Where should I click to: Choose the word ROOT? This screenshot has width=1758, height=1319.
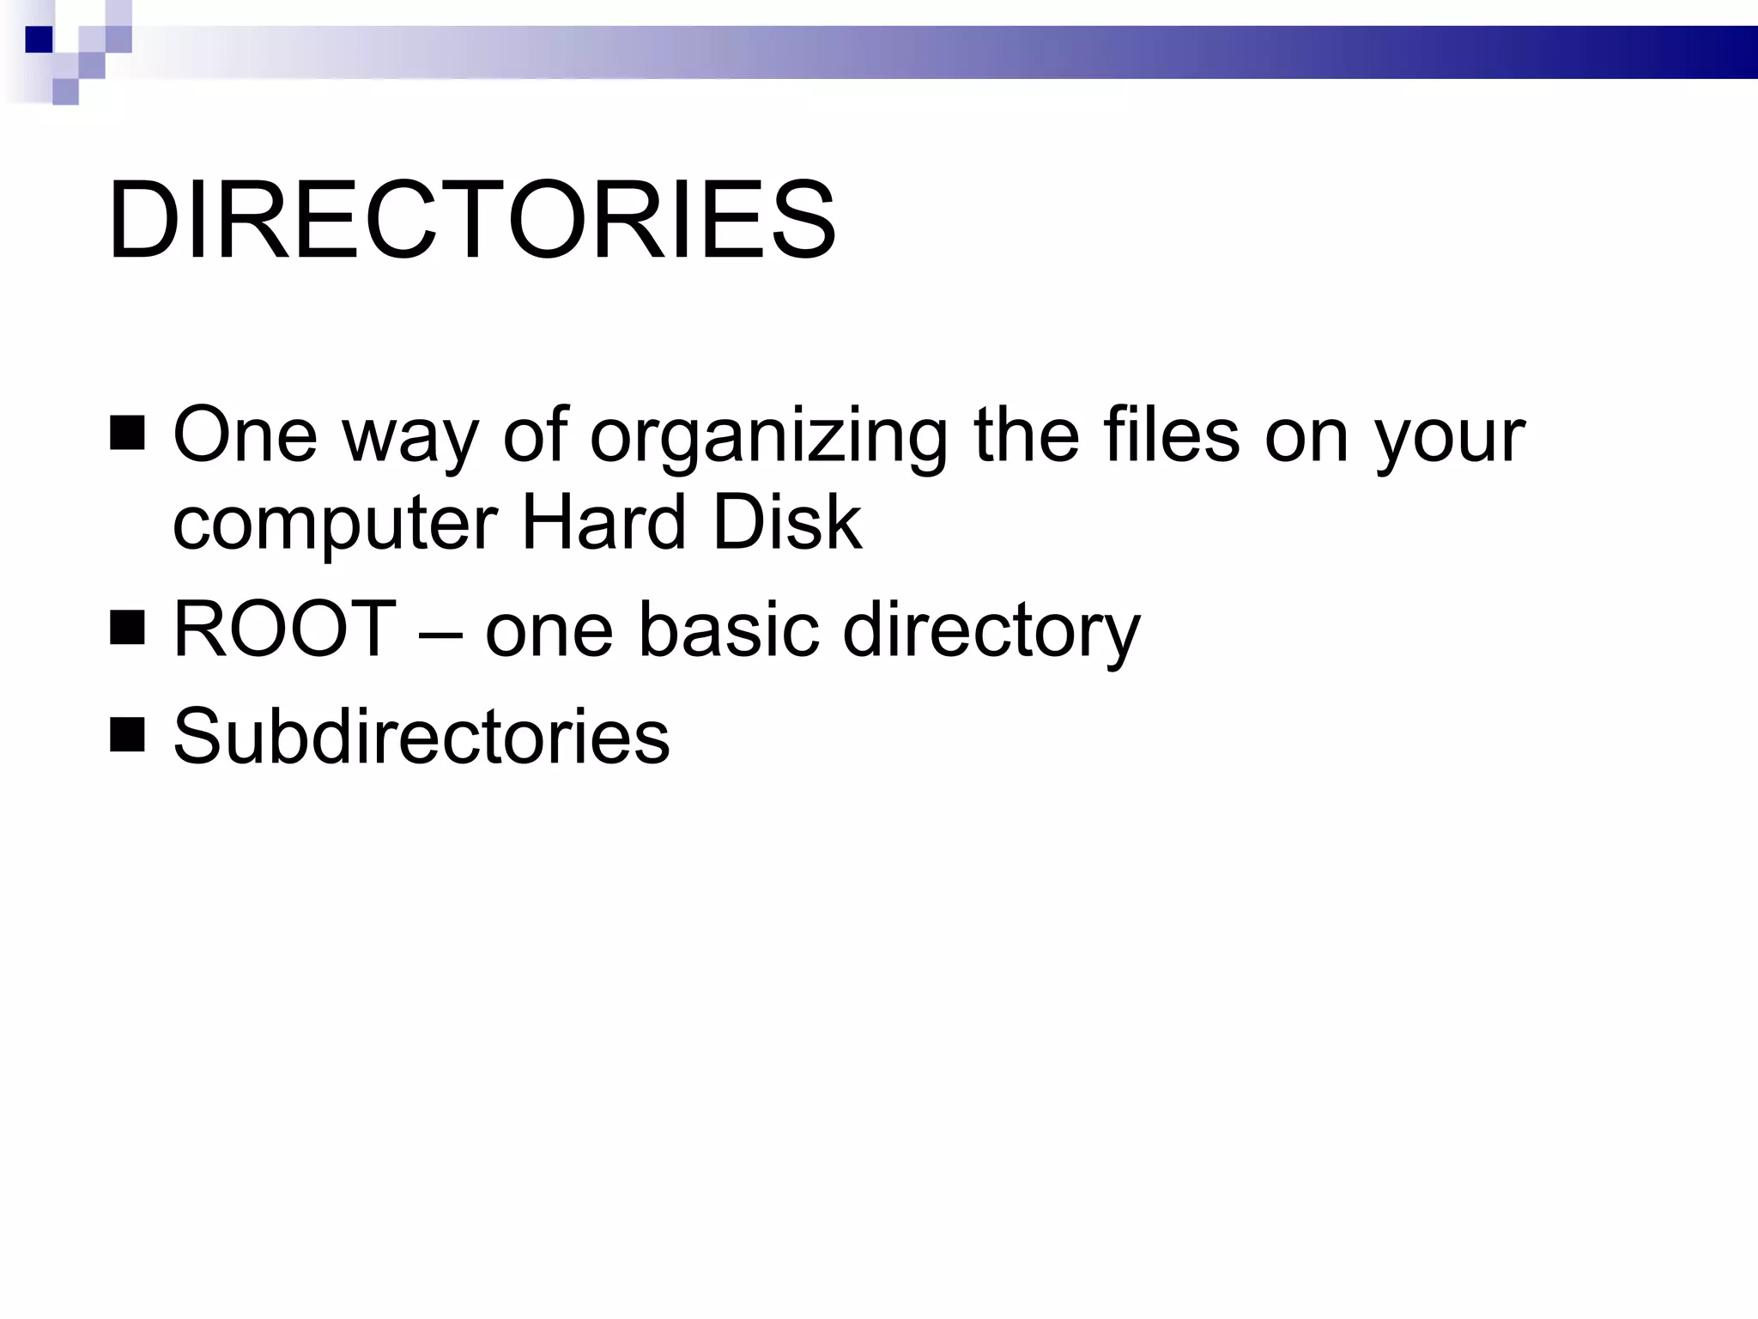284,629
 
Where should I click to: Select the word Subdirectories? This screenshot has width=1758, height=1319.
421,736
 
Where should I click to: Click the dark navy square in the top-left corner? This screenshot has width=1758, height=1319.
39,40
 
